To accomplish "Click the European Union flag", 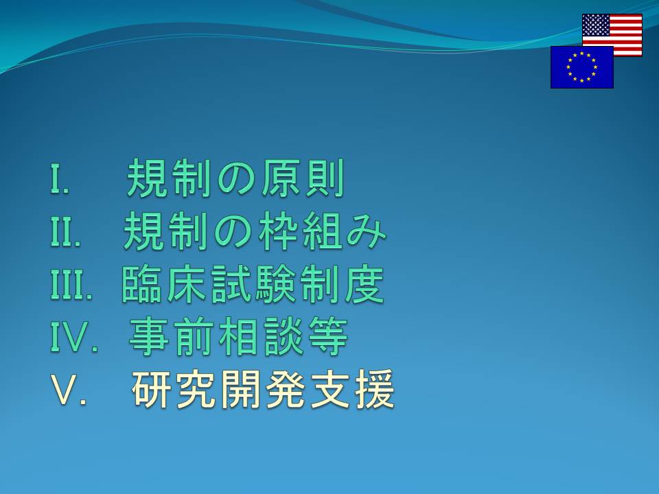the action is [x=582, y=67].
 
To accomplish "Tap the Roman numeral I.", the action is [x=59, y=178].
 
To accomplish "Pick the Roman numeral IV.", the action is [x=74, y=337].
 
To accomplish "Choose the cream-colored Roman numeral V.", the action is [x=69, y=390].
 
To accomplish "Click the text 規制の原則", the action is [x=235, y=178].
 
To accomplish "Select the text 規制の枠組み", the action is [x=255, y=231].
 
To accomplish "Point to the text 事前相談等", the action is [x=238, y=336].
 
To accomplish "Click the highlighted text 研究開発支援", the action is [x=264, y=390].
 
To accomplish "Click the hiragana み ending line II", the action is [x=366, y=232].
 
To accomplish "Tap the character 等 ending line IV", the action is [x=328, y=336].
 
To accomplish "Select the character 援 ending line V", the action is [x=375, y=390].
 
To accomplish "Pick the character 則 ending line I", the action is [x=325, y=178].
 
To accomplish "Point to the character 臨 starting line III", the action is [x=141, y=284].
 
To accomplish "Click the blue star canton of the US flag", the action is [x=596, y=25].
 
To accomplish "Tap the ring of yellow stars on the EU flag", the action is [x=582, y=67].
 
